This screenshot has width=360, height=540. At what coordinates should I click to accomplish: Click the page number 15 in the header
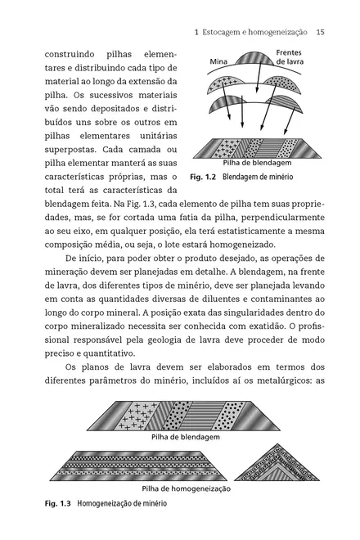320,32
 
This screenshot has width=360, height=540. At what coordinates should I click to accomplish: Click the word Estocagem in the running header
225,32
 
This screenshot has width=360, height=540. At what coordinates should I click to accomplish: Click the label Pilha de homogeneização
185,488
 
